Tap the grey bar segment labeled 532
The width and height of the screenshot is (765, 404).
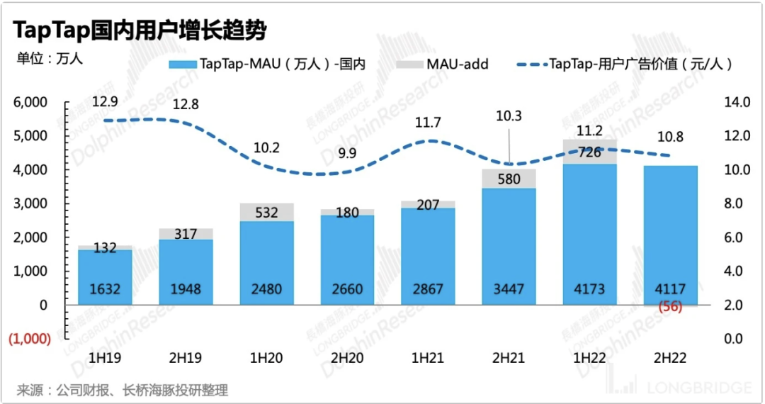click(267, 212)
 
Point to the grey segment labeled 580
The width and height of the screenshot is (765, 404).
click(509, 179)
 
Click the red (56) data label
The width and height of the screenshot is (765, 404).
click(670, 306)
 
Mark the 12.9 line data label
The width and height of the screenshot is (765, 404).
click(105, 103)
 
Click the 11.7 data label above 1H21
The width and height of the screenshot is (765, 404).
click(428, 123)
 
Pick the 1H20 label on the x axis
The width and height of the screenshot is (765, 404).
click(267, 358)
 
